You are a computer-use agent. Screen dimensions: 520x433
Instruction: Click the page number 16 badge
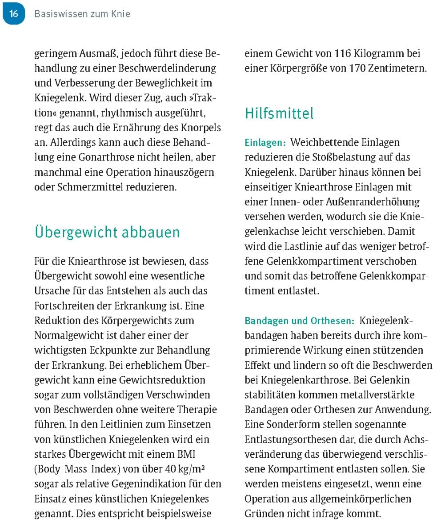[x=13, y=14]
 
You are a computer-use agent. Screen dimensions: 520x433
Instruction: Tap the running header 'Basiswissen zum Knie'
[x=82, y=14]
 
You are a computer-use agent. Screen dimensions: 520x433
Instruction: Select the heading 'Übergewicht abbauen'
[x=107, y=232]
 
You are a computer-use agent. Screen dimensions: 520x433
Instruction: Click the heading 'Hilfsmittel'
[x=279, y=113]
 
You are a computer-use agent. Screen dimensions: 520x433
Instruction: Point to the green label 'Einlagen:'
[x=265, y=143]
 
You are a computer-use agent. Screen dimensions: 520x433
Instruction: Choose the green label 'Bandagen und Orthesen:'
[x=300, y=321]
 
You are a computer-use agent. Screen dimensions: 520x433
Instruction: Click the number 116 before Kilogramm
[x=343, y=54]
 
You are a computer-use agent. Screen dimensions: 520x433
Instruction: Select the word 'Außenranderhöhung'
[x=374, y=202]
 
